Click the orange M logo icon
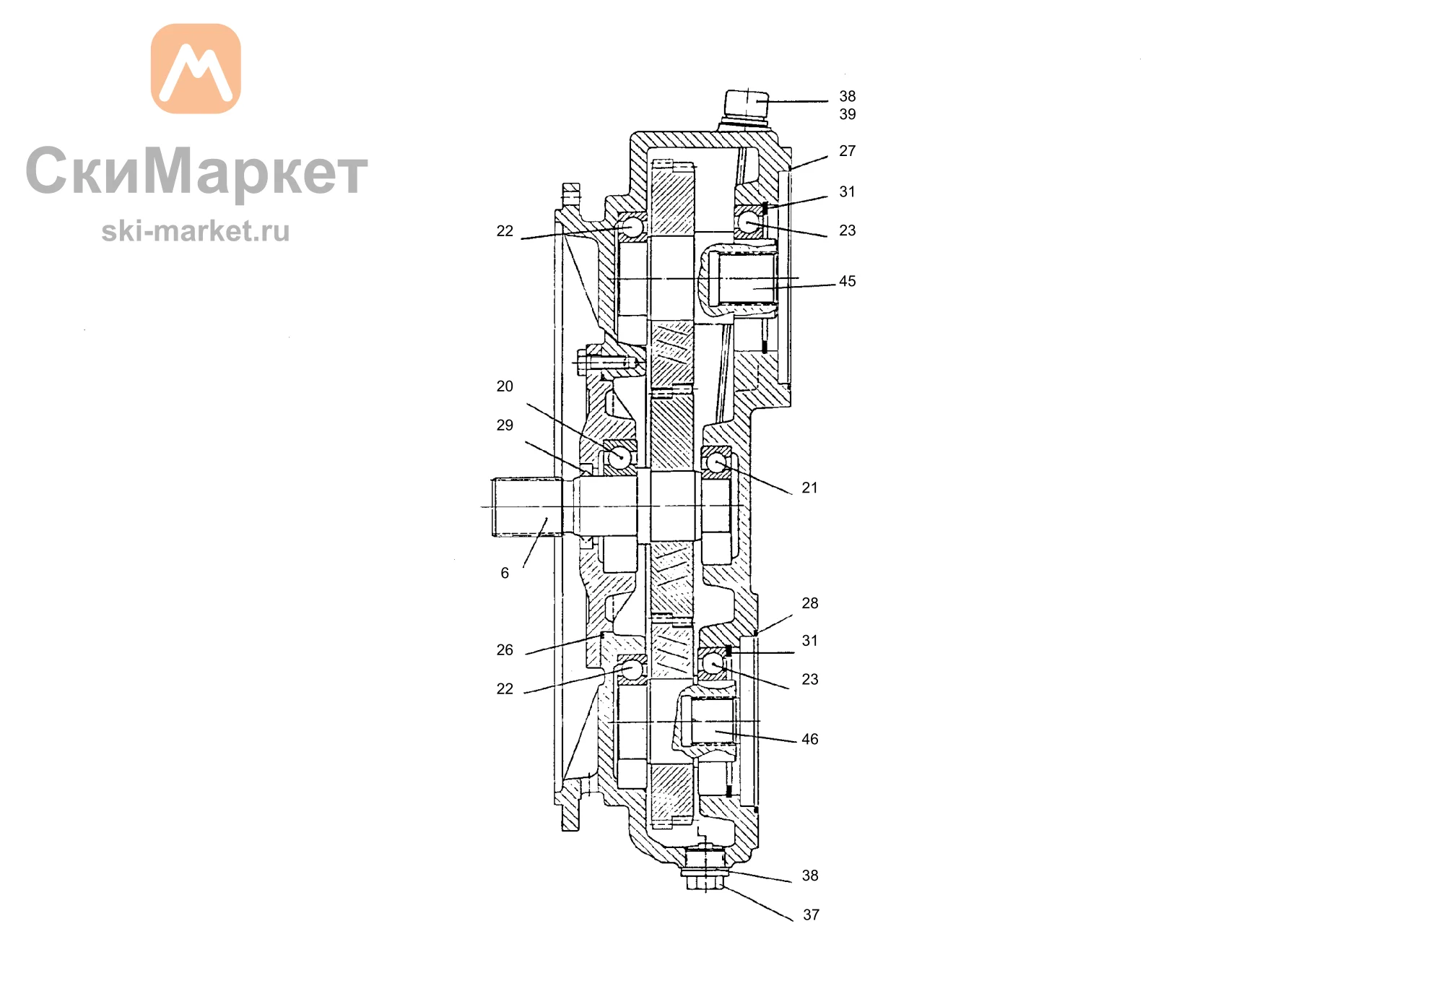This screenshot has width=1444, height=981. point(196,69)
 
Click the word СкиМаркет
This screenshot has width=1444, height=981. point(196,172)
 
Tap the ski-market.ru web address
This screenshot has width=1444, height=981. point(195,231)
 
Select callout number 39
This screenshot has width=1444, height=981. point(848,114)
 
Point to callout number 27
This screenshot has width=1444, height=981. point(848,151)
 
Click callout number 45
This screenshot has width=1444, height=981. point(848,281)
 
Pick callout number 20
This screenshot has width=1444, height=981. point(505,386)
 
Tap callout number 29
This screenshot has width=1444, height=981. point(505,425)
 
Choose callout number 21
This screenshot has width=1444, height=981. point(810,488)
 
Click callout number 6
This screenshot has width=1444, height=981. point(505,574)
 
